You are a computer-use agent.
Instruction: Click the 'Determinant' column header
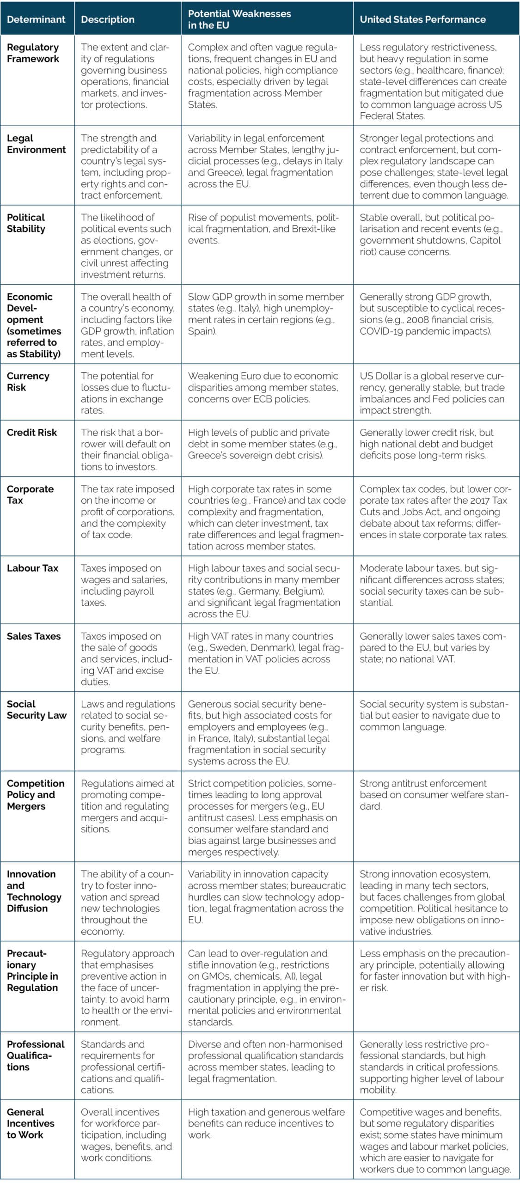36,19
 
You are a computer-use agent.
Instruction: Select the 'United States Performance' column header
422,19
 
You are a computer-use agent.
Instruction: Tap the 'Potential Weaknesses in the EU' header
239,19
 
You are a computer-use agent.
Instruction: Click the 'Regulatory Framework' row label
33,53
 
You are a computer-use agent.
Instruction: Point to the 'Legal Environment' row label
36,144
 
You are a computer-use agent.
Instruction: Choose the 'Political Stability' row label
26,223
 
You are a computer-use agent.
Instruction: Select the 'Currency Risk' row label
28,381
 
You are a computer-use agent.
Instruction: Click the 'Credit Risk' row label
31,433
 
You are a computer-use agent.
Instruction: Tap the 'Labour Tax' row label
32,568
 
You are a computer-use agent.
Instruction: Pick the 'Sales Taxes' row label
33,636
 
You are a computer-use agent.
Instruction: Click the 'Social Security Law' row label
37,709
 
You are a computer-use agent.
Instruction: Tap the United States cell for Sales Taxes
433,647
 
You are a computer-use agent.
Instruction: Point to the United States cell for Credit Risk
426,444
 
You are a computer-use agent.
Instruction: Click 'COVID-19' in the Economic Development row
380,331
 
